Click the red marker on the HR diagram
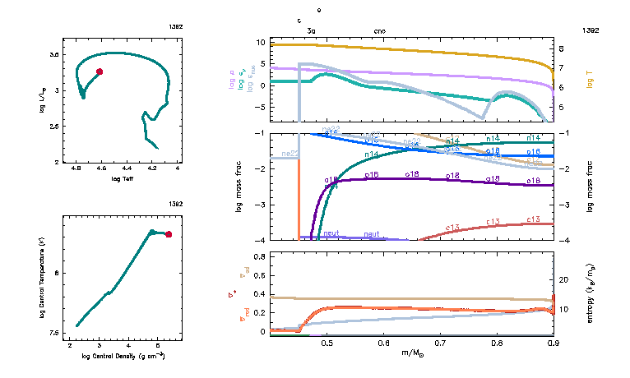100,71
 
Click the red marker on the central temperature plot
169,234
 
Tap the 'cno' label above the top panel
379,30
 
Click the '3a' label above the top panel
311,30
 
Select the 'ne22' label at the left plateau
290,154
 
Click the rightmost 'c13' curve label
533,219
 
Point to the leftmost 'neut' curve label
331,233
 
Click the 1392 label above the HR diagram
176,27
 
